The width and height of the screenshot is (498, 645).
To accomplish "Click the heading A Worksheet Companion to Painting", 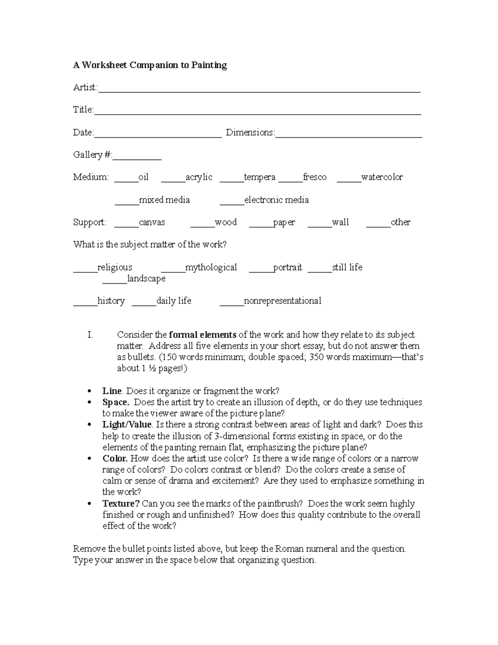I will coord(150,65).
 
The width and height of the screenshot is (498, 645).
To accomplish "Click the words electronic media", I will coord(276,200).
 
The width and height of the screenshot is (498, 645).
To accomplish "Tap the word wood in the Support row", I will coord(226,222).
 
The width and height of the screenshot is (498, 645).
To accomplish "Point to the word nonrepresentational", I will coord(282,301).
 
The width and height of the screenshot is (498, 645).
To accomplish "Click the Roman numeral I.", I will coord(90,335).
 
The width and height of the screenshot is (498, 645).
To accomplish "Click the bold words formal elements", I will coord(203,335).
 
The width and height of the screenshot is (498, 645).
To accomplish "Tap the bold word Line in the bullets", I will coord(112,391).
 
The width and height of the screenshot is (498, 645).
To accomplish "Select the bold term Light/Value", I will coord(127,424).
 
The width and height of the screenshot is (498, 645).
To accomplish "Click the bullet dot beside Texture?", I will coord(90,504).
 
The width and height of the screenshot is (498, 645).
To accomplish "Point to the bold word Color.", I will coord(115,459).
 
